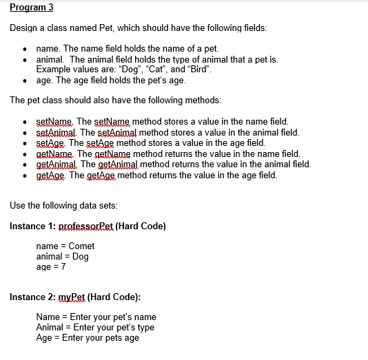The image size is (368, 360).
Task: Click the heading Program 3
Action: coord(31,8)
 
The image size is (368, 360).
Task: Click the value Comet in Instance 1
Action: coord(82,246)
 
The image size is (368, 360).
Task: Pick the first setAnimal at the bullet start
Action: coord(58,132)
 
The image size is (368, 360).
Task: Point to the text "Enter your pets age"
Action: coord(101,338)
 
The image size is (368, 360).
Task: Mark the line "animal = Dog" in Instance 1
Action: coord(62,256)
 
